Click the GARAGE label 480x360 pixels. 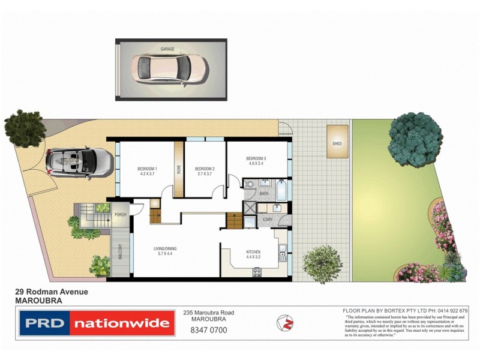167,49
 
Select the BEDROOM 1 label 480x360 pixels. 148,169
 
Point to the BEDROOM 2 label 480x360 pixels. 205,169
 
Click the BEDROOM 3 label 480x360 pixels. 256,158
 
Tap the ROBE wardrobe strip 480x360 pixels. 178,169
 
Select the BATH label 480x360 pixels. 264,194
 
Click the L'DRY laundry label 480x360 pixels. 268,220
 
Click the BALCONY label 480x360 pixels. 119,252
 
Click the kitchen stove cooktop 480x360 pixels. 257,272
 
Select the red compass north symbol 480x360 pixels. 285,323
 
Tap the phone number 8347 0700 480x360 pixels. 208,330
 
